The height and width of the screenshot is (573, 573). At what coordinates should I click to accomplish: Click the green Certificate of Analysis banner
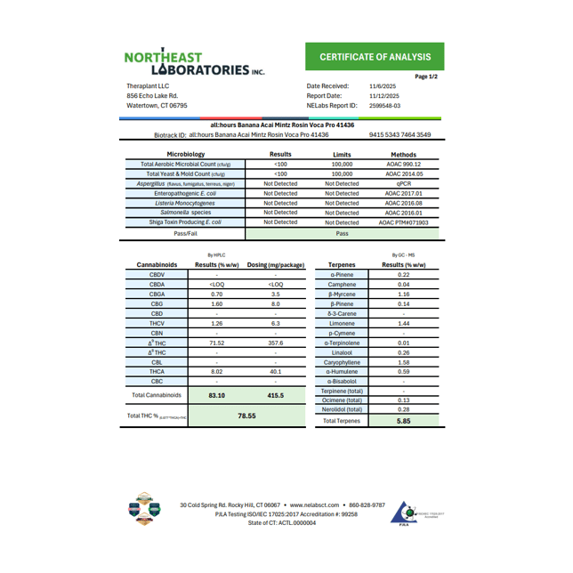[375, 57]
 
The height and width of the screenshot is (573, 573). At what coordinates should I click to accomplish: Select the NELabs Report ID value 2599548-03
[384, 105]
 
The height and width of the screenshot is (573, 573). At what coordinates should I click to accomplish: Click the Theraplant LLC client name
[148, 86]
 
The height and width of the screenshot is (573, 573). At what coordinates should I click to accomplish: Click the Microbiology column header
[180, 154]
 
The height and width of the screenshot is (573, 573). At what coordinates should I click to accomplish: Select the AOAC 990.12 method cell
[403, 164]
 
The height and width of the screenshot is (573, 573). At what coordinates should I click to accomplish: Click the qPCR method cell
[403, 183]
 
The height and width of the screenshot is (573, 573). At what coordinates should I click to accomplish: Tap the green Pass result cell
[342, 232]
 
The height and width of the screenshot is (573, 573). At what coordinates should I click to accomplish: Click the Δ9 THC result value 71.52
[216, 343]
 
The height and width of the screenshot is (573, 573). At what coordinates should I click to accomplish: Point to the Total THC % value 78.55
[246, 416]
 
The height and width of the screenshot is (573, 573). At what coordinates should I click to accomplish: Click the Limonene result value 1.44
[403, 323]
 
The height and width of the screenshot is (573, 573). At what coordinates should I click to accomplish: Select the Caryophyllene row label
[343, 362]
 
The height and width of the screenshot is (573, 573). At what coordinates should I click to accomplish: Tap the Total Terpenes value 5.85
[403, 421]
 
